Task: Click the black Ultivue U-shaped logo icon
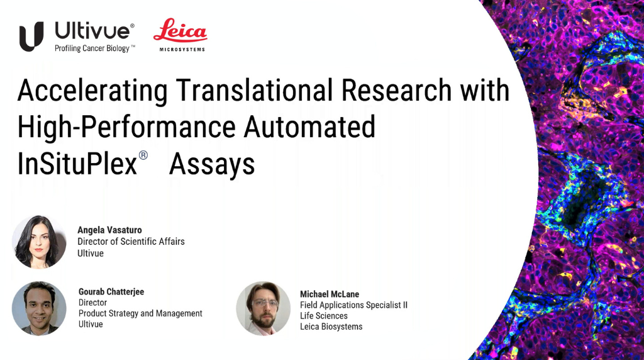[x=31, y=37]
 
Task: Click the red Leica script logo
[x=180, y=30]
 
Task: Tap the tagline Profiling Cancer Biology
[x=92, y=48]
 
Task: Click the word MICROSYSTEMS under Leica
[x=182, y=49]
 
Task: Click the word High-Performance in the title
[x=126, y=127]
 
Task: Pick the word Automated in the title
[x=309, y=127]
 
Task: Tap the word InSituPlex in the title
[x=77, y=164]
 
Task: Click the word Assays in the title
[x=212, y=165]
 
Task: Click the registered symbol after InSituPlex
[x=143, y=155]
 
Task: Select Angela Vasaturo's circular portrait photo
[x=39, y=242]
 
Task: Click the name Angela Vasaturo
[x=109, y=230]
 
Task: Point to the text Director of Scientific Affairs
[x=131, y=242]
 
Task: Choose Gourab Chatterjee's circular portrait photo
[x=39, y=308]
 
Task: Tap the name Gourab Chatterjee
[x=111, y=292]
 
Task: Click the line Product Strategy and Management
[x=140, y=313]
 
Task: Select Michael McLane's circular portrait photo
[x=264, y=308]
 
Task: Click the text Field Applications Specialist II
[x=353, y=305]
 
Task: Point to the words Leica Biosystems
[x=331, y=327]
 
